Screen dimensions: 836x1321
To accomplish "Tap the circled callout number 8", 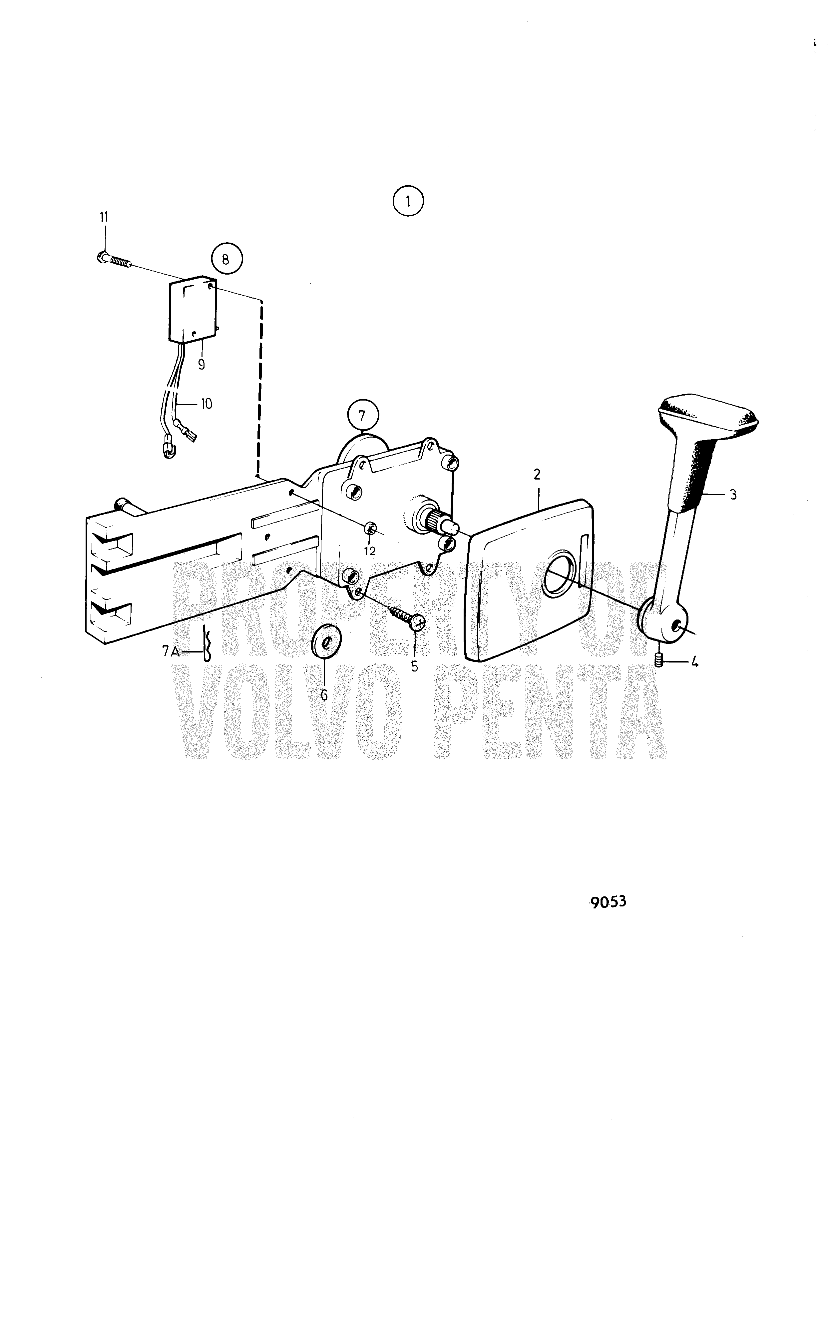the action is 225,260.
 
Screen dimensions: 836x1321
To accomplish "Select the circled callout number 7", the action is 361,415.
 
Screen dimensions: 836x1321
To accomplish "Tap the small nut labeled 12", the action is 369,528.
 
